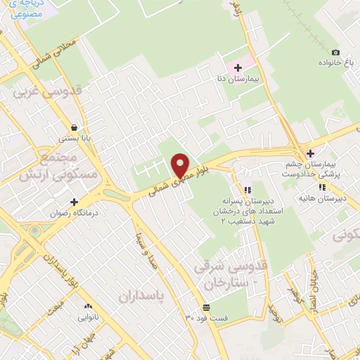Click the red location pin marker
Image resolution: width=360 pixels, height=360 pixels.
tap(181, 165)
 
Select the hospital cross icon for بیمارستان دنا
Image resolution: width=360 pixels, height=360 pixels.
tap(238, 68)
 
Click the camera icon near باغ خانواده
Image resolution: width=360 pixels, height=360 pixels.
tap(335, 53)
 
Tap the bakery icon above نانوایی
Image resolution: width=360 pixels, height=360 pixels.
tap(89, 307)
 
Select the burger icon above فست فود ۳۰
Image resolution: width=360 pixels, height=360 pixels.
tap(207, 307)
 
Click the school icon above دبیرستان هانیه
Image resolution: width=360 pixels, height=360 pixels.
tap(322, 187)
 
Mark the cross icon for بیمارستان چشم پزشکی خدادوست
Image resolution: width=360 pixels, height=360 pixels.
tap(310, 154)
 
